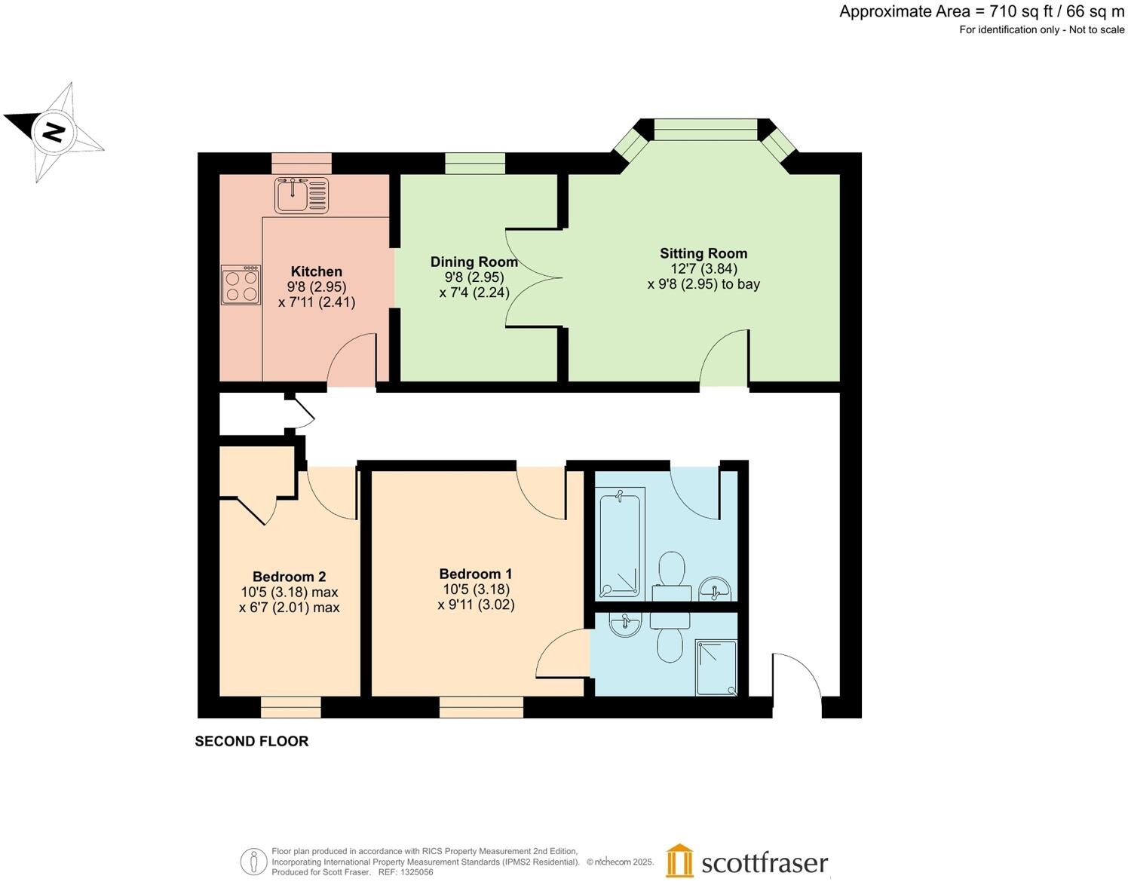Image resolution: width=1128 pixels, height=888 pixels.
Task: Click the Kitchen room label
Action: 316,271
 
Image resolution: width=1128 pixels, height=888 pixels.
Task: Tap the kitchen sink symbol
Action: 302,195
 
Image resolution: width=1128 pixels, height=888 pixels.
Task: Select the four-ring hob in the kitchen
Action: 241,285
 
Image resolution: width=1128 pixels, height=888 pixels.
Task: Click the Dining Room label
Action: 474,262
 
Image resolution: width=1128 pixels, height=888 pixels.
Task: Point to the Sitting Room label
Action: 703,253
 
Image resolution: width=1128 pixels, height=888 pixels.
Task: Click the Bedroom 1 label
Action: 475,574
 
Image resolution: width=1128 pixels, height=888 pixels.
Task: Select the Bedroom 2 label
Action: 289,577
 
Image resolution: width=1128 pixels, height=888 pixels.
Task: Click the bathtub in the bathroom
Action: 620,543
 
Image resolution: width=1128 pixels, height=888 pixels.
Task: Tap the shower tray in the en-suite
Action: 716,667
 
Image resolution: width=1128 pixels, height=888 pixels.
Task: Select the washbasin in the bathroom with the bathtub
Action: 714,588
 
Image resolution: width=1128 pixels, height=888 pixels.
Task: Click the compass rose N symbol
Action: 54,133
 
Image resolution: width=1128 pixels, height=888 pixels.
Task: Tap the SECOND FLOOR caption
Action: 251,741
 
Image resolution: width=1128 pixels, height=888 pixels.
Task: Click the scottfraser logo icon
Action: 679,861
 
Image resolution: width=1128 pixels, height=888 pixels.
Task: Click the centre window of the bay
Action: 704,129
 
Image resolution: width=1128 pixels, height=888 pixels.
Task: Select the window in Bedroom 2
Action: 290,707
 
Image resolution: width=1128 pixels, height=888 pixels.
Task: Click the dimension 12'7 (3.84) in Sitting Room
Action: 703,269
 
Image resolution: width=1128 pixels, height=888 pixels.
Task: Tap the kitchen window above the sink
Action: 301,163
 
